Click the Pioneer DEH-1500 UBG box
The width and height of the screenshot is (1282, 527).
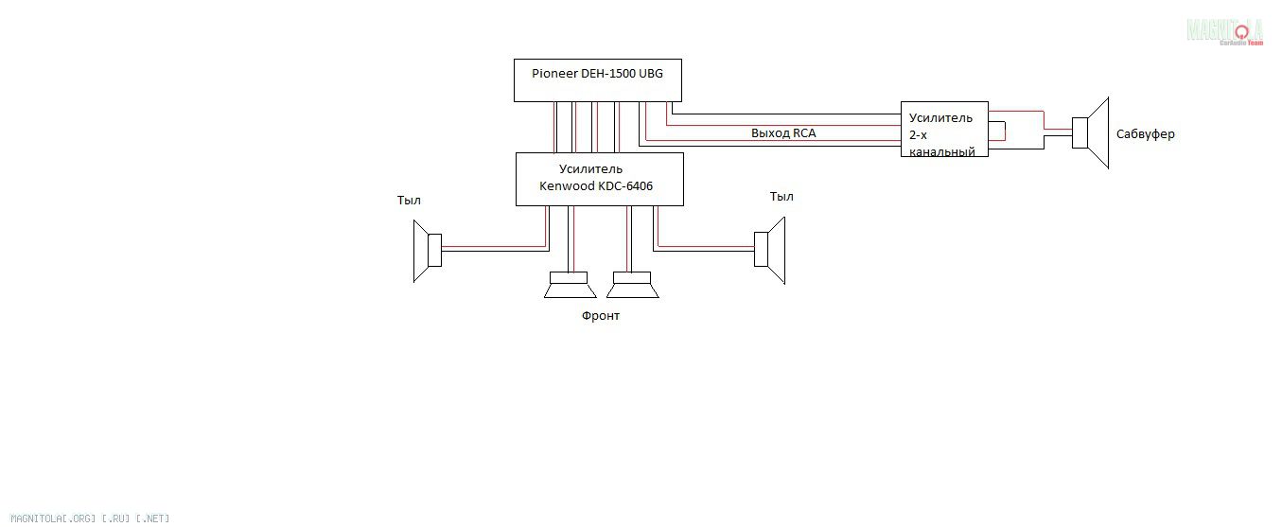tap(597, 80)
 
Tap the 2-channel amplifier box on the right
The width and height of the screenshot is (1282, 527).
tap(943, 129)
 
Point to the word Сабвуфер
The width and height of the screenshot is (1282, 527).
tap(1145, 134)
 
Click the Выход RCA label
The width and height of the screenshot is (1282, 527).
tap(782, 133)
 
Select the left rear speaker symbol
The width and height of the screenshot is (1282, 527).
tap(427, 251)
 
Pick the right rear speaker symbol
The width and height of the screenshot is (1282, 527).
tap(770, 250)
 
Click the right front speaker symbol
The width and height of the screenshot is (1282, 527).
tap(633, 285)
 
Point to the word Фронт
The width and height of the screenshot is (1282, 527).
tap(600, 316)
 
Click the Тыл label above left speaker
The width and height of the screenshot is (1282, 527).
tap(409, 201)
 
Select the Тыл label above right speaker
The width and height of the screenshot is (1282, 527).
tap(781, 197)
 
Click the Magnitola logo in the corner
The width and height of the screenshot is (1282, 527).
tap(1225, 31)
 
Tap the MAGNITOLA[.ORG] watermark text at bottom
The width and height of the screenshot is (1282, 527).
tap(90, 518)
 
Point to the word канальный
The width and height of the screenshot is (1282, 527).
tap(941, 151)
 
